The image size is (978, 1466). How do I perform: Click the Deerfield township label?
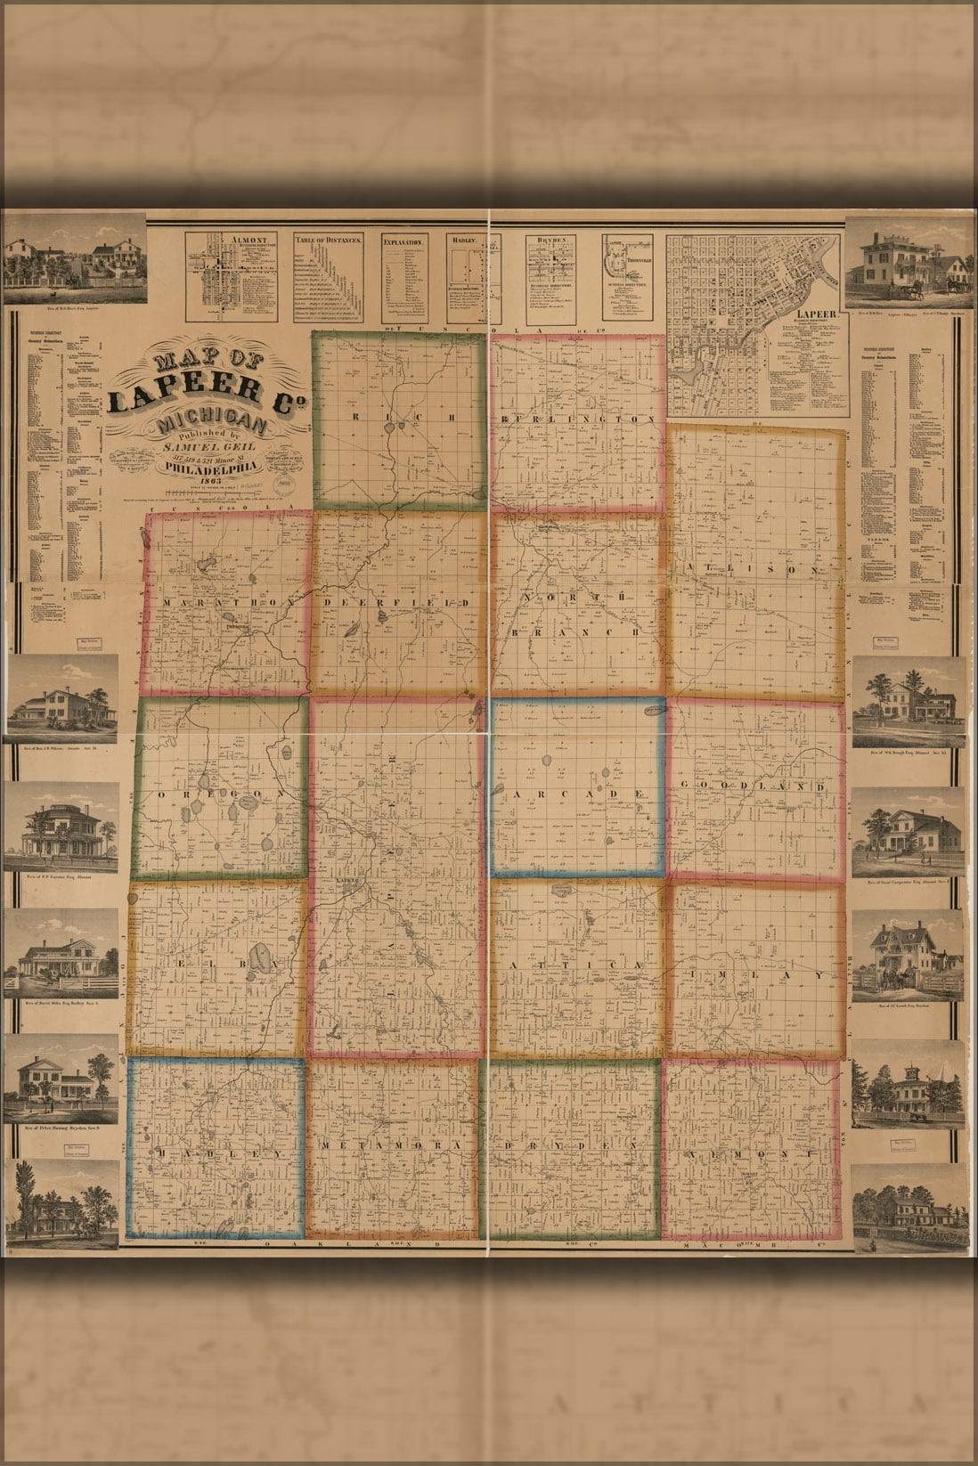point(398,605)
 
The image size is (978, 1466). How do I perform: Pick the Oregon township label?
point(217,792)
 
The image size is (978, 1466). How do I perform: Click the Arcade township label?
point(576,792)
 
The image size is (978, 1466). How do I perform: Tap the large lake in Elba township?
point(262,959)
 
